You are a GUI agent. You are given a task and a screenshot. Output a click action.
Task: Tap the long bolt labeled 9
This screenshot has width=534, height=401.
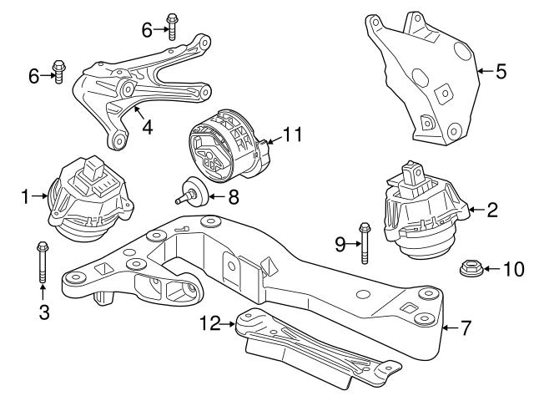click(x=364, y=241)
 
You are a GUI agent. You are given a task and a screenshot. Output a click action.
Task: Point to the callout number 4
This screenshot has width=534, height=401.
click(x=146, y=129)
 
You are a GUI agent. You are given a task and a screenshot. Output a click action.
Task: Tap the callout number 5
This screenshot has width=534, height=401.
click(x=501, y=71)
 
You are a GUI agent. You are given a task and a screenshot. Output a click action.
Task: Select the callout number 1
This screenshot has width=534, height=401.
click(x=25, y=197)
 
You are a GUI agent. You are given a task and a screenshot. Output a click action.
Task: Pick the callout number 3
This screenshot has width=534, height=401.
click(x=43, y=313)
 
